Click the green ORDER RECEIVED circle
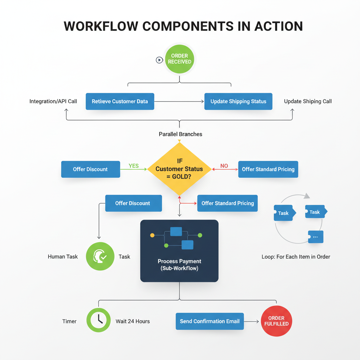coord(179,59)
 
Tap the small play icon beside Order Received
coord(159,60)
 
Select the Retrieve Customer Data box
coord(120,101)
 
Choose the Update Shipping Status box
coord(238,101)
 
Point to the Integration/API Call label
coord(53,101)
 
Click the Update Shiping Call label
coord(308,101)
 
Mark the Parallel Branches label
coord(180,134)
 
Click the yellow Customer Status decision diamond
coord(179,169)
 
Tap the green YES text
coord(134,166)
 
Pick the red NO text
coord(224,166)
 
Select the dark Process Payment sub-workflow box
coord(179,251)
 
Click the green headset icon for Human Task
coord(100,257)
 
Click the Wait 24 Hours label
coord(133,321)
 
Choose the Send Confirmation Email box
coord(210,321)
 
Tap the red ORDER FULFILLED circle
coord(276,321)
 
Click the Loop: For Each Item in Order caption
coord(296,257)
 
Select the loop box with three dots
coord(315,237)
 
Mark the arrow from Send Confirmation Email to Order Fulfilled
coord(252,321)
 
